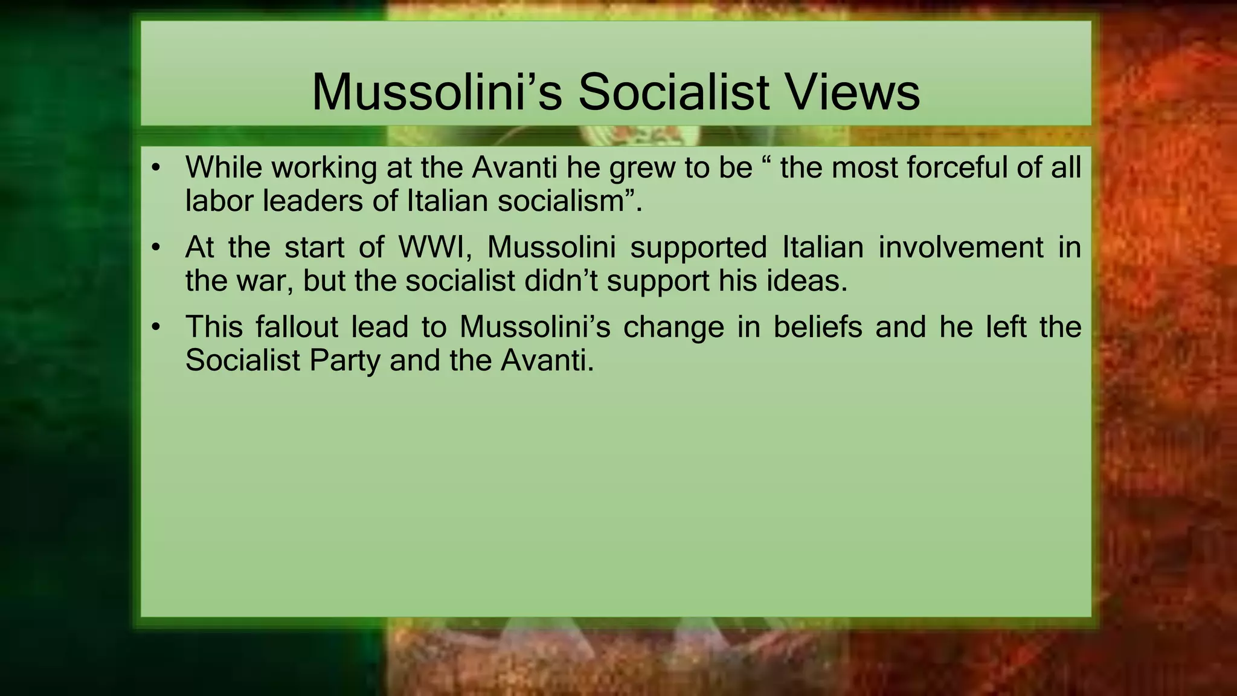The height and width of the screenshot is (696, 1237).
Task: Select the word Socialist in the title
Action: coord(673,92)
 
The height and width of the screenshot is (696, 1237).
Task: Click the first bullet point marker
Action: coord(156,167)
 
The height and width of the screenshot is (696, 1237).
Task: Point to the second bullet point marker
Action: coord(156,247)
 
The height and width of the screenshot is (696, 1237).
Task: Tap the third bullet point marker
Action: coord(156,327)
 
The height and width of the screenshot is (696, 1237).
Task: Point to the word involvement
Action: coord(960,247)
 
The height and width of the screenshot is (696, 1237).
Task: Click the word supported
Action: coord(698,247)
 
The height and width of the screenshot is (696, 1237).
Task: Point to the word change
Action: coord(673,327)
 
